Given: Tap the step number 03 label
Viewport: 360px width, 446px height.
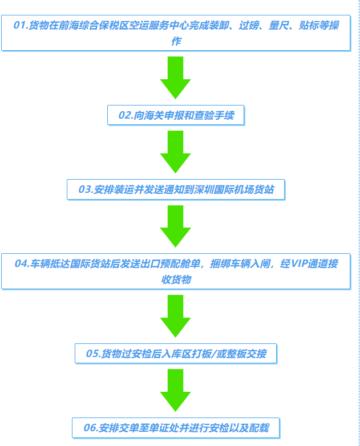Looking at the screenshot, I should (86, 189).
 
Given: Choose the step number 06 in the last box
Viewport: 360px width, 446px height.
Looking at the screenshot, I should (91, 427).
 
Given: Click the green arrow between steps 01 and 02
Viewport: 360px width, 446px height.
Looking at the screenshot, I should (175, 77).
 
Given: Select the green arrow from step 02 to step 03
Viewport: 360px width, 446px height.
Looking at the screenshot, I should (175, 151).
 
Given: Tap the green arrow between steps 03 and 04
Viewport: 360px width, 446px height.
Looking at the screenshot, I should (175, 225).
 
